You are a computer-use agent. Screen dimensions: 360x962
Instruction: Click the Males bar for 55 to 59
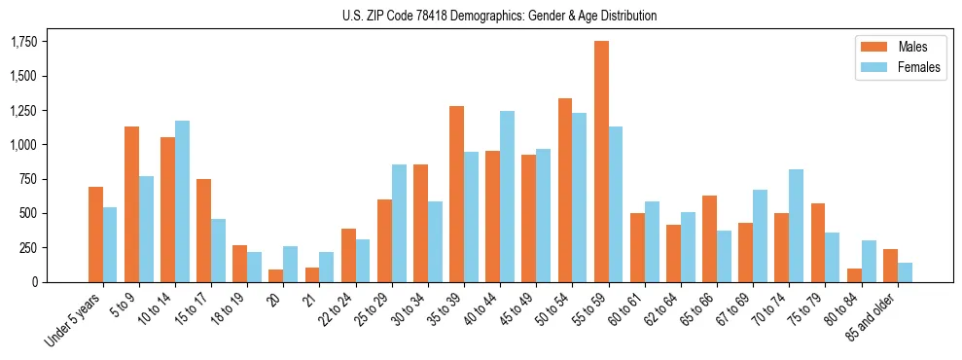point(601,162)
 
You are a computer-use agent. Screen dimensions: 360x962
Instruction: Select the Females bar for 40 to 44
point(507,197)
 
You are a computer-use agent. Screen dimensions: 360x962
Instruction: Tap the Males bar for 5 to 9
point(131,204)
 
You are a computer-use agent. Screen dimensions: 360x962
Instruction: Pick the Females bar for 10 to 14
point(182,201)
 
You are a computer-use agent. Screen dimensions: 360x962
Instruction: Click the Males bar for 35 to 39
point(456,194)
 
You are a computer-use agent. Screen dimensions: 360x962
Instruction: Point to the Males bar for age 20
point(276,275)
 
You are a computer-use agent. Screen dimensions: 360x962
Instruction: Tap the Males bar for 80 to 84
point(854,275)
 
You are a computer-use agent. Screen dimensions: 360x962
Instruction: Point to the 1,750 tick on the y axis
point(23,42)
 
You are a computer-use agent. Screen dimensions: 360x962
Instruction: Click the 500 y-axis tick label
point(30,213)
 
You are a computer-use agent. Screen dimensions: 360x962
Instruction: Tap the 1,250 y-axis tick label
point(23,111)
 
